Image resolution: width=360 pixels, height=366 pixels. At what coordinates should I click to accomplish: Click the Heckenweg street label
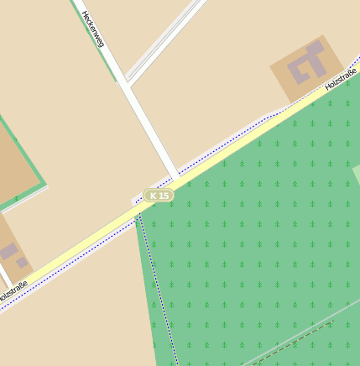(x=91, y=29)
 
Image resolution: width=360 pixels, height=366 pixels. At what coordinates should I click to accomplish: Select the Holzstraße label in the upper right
(x=341, y=80)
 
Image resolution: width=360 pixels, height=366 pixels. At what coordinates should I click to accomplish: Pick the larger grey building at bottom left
(x=8, y=251)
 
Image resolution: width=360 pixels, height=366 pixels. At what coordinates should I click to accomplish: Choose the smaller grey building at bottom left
(x=23, y=263)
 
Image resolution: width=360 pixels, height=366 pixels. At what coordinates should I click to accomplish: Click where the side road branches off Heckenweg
(x=127, y=82)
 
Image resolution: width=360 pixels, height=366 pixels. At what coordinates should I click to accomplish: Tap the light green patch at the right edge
(x=356, y=174)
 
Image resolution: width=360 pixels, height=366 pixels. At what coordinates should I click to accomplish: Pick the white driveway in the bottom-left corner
(x=4, y=277)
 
